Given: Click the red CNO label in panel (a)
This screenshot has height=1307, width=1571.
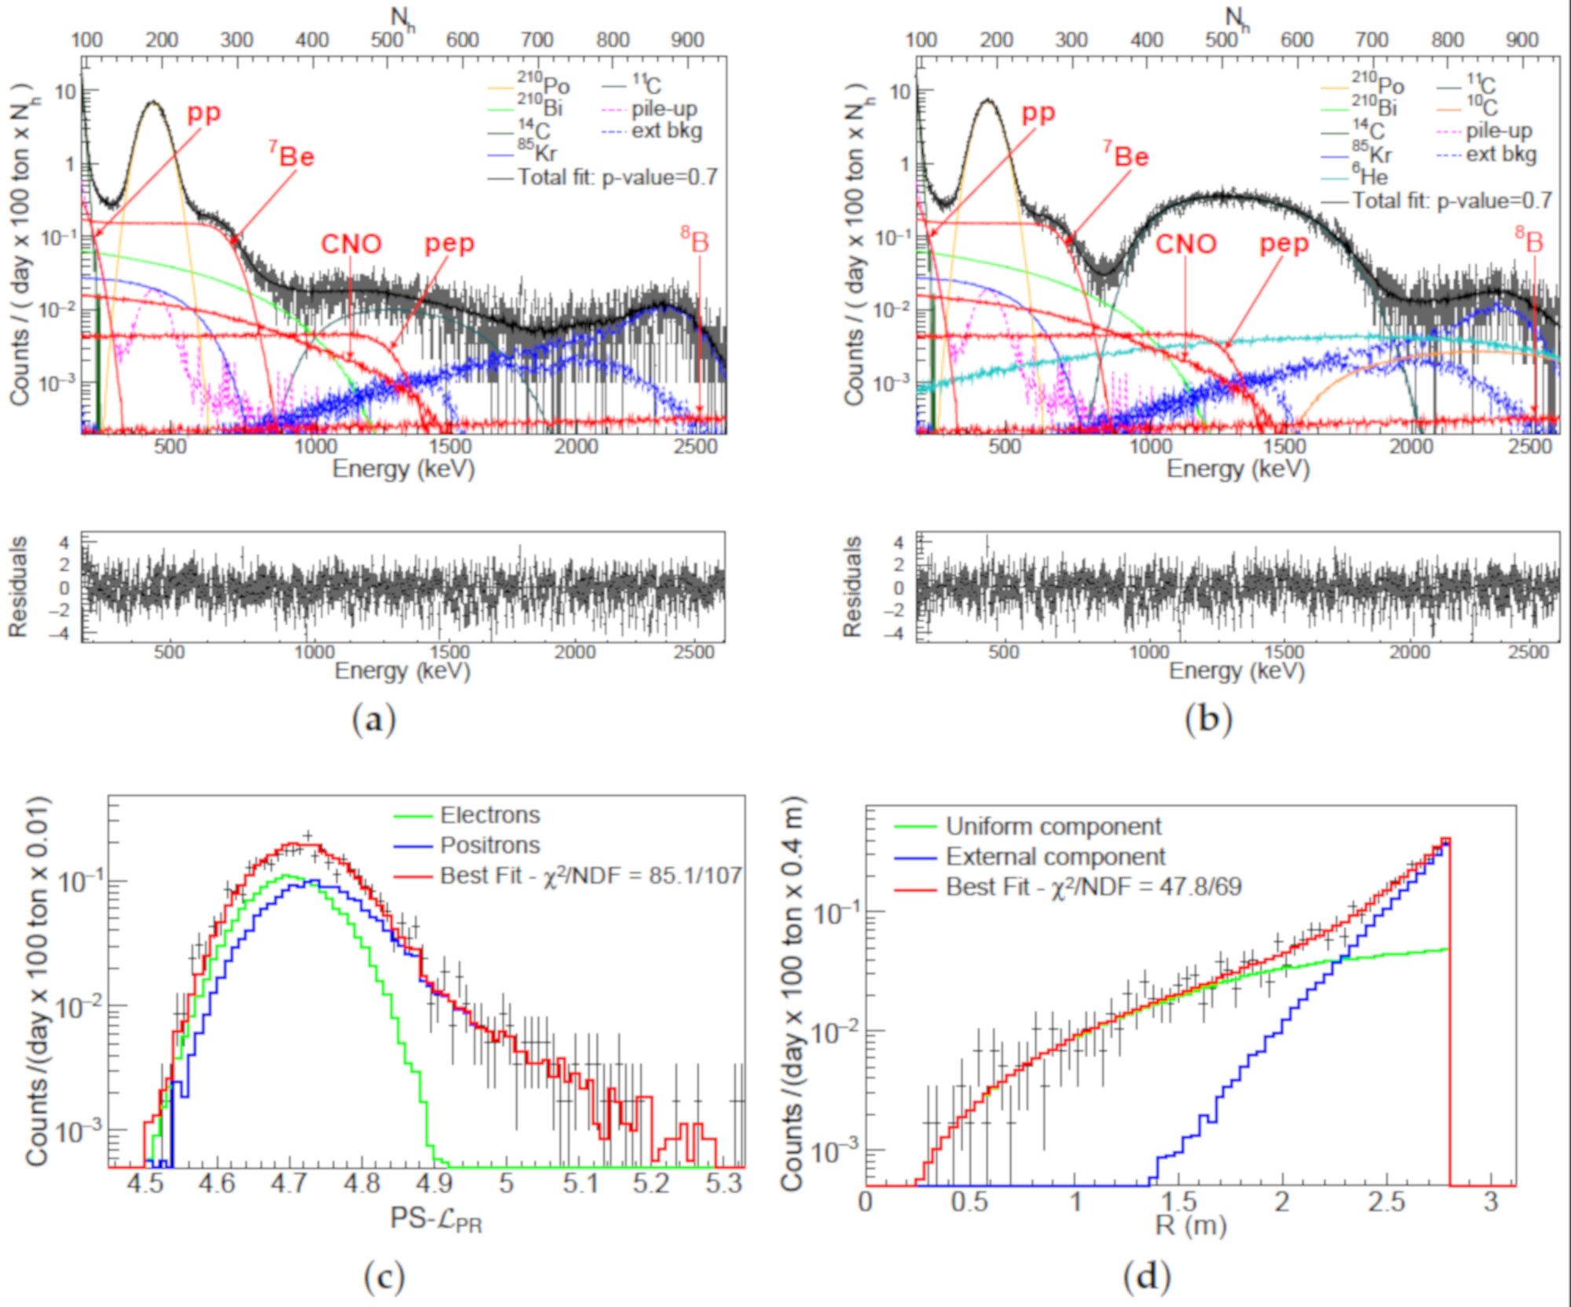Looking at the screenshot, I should pos(351,243).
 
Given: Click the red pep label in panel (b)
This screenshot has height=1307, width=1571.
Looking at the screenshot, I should pos(1284,243).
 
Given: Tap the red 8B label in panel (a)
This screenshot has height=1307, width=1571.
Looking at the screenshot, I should pos(695,240).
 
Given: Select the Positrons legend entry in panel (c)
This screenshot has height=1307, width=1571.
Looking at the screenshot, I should pos(489,845).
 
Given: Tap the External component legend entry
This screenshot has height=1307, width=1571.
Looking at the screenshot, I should pos(1055,856).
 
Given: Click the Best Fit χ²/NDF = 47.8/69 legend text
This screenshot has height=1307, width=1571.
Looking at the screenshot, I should pos(1093,887).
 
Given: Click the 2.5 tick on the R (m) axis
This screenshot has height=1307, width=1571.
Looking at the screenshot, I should pos(1386,1202).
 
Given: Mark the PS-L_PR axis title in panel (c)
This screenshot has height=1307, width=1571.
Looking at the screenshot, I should pos(436,1219).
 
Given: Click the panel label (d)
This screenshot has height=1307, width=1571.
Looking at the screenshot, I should pos(1147,1276).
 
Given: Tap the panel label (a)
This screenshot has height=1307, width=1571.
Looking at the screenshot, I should pos(374,719).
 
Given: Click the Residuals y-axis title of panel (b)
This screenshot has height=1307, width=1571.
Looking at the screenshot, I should pos(852,586).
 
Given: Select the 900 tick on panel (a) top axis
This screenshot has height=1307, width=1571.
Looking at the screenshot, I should pos(687,40).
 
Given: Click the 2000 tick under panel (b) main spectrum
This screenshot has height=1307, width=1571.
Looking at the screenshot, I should pos(1411,448).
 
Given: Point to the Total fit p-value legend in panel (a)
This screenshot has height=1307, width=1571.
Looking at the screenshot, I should pos(617,178).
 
